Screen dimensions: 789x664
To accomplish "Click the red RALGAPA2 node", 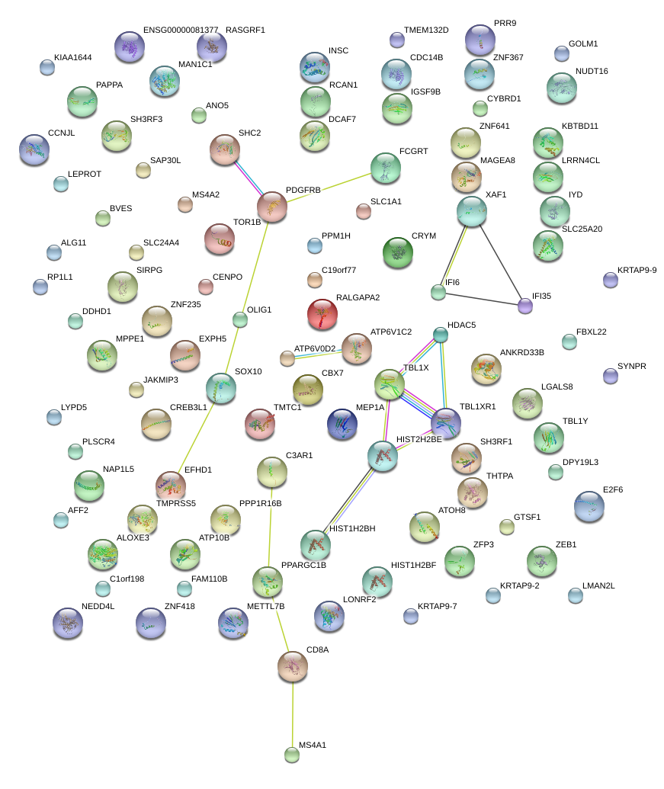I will click(x=322, y=314).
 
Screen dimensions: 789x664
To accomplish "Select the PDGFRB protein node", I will click(x=272, y=207).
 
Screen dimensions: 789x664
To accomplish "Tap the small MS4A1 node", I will click(x=292, y=755).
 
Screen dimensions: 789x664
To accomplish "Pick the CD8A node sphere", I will click(x=293, y=666).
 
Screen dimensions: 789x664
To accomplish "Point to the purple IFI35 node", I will click(x=524, y=306).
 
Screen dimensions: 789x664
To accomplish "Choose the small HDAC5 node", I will click(x=441, y=334).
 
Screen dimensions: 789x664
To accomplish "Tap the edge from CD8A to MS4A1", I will click(x=292, y=713).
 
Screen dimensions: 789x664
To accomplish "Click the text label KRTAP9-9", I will click(x=637, y=270).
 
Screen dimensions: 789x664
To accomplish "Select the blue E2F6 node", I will click(x=589, y=506).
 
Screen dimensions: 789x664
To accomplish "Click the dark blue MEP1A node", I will click(x=342, y=425).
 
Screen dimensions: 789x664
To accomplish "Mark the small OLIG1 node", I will click(x=240, y=319).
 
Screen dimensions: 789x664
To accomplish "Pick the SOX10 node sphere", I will click(x=221, y=388).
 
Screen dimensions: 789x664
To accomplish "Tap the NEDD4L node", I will click(x=67, y=624).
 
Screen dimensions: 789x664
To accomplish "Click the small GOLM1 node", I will click(x=562, y=53).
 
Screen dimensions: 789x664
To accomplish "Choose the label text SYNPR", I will click(x=631, y=367).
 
